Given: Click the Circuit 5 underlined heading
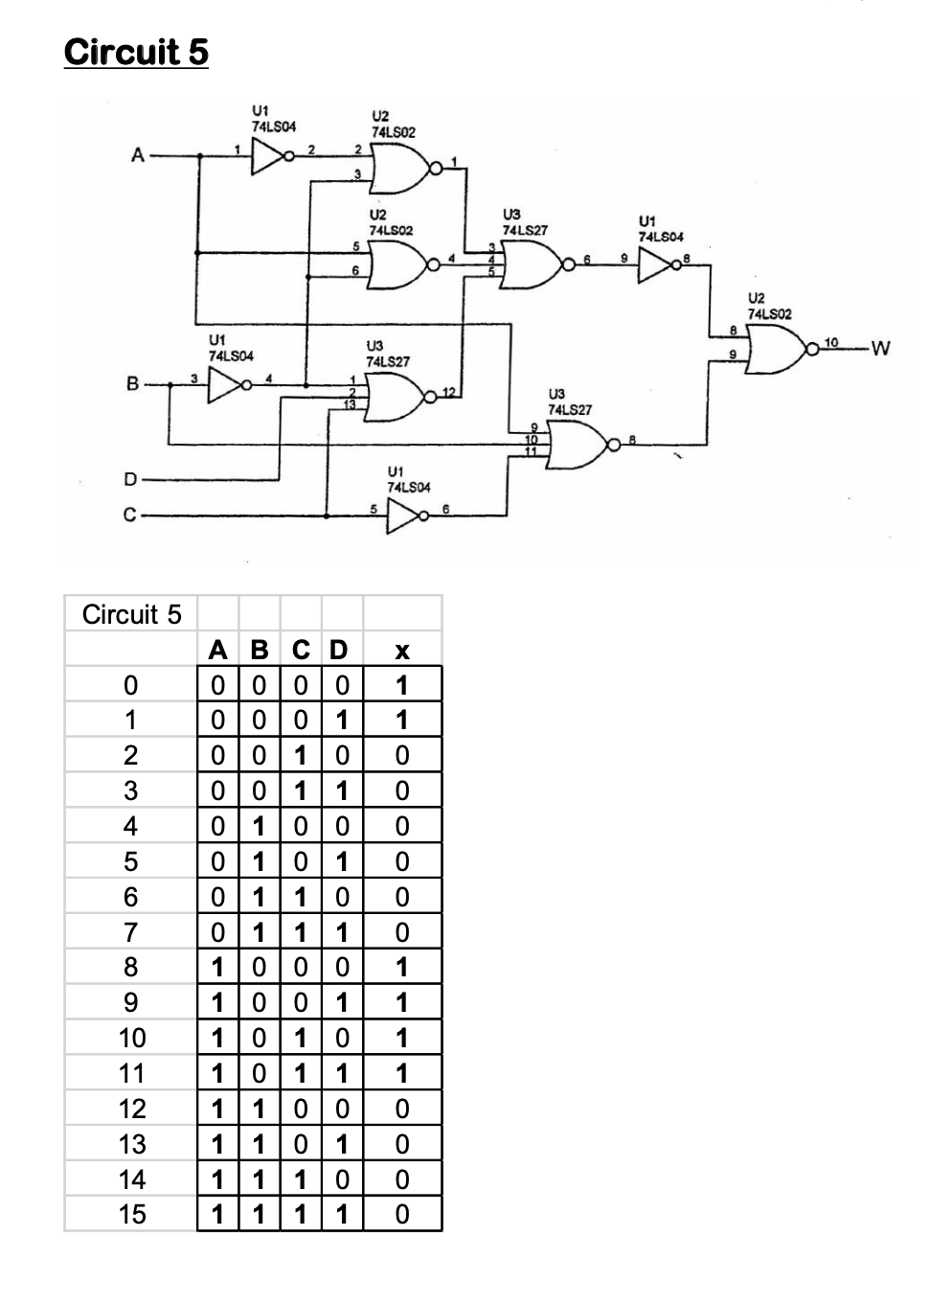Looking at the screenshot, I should tap(136, 52).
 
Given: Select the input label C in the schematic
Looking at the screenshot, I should tap(130, 515).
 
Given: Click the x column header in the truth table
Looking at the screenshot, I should tap(402, 650).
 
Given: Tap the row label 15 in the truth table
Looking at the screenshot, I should tap(131, 1214).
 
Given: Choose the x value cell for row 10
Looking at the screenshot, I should tap(402, 1038).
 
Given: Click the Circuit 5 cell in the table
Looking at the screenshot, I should tap(131, 614).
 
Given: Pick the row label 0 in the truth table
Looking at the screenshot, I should tap(131, 685).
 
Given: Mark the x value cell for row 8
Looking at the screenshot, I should tap(402, 967).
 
